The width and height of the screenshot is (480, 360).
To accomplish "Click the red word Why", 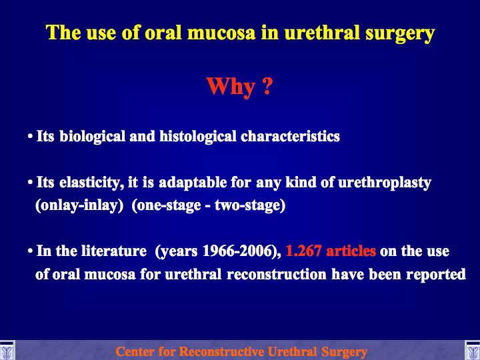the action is click(x=230, y=87).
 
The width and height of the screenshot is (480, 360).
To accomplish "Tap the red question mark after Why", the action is click(x=267, y=85).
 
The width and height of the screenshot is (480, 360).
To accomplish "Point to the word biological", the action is click(x=93, y=137).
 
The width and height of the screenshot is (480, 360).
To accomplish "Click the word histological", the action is click(x=198, y=137).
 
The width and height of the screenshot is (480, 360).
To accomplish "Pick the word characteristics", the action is click(x=290, y=136).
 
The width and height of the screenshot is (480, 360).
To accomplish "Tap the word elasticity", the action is click(x=91, y=183).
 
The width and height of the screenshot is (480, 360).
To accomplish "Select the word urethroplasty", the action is click(x=385, y=183).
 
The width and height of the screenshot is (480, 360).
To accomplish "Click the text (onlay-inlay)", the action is click(x=79, y=205).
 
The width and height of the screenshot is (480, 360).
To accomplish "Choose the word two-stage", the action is click(x=250, y=205).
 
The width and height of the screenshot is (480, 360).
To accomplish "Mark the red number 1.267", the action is click(x=303, y=251).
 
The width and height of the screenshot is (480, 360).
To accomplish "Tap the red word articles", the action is click(x=351, y=251).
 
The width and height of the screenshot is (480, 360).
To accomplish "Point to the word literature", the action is click(x=114, y=251).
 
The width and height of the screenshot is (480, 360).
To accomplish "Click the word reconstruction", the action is click(x=277, y=274).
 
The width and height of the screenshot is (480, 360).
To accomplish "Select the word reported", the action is click(x=435, y=275).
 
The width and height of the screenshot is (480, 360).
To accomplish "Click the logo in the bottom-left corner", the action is click(x=7, y=351).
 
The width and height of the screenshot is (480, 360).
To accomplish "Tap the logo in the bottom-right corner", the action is click(x=473, y=351).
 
